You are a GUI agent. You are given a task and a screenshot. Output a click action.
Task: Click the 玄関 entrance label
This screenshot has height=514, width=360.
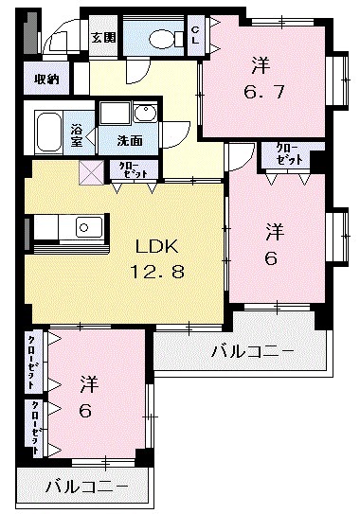(103, 38)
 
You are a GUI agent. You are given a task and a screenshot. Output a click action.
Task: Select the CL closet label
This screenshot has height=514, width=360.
(196, 36)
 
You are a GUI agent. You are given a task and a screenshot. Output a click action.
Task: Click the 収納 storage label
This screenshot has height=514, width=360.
(47, 80)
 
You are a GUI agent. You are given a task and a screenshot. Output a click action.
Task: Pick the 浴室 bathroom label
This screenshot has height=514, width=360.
(77, 135)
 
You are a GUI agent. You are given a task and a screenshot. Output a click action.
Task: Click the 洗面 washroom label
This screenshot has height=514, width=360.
(130, 141)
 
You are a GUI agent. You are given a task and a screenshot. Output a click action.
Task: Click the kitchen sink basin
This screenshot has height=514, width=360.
(88, 227)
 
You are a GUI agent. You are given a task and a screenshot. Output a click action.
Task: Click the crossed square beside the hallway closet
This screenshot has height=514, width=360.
(91, 171)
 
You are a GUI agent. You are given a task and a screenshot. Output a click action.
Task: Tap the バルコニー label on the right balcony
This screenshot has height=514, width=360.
(253, 352)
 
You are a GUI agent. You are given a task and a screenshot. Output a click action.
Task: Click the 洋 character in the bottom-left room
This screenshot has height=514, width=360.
(89, 384)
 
